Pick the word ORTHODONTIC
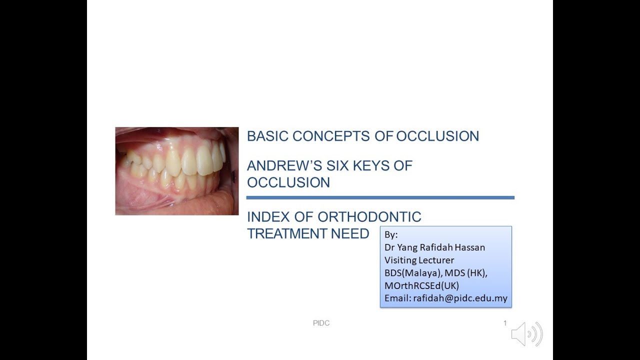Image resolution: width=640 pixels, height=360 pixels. [x=369, y=217]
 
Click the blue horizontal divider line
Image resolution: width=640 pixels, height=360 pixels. [x=380, y=198]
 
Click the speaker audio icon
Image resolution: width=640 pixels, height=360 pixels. [x=526, y=334]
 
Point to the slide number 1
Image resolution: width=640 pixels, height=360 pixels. [x=505, y=323]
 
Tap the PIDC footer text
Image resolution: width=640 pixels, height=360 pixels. [x=321, y=323]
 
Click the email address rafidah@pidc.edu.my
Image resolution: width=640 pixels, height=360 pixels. [x=460, y=298]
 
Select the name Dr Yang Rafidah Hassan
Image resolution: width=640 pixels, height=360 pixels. [x=434, y=247]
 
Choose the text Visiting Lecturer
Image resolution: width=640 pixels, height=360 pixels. [x=419, y=260]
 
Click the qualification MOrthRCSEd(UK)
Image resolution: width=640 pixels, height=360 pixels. [x=421, y=285]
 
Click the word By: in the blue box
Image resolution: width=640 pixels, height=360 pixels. [x=391, y=234]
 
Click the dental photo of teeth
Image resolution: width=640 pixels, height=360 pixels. [x=176, y=171]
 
